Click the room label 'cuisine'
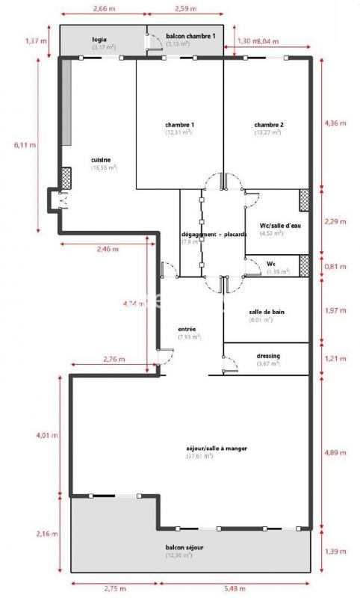point(102,160)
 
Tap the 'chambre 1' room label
point(179,124)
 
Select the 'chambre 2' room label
point(267,124)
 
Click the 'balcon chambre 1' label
point(190,36)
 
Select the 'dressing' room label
point(267,355)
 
